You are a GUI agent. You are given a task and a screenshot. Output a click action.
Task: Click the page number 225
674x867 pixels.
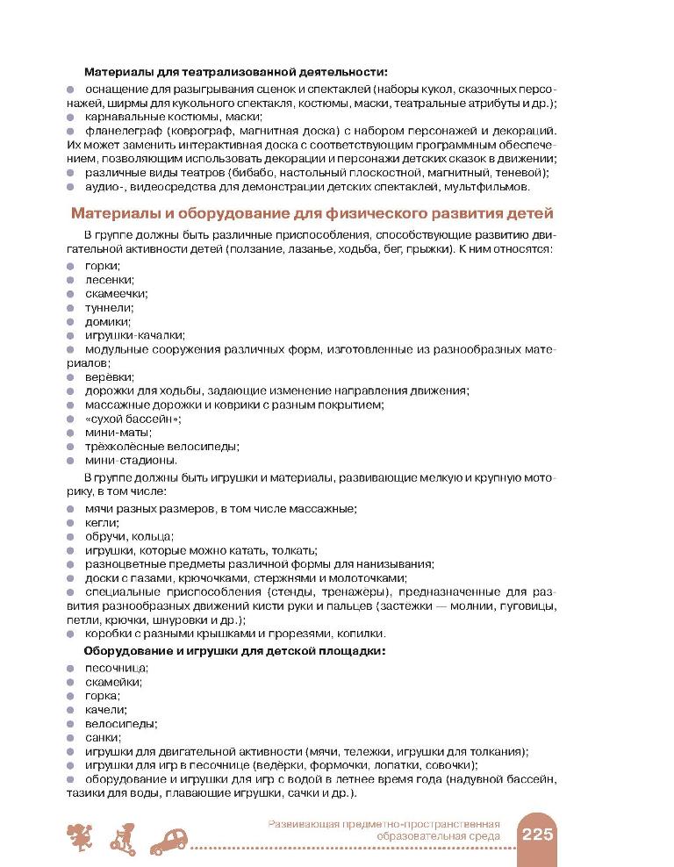535,835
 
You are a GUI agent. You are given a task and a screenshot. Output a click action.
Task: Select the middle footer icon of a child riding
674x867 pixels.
125,838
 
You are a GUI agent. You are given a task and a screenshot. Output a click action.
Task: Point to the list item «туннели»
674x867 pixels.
109,307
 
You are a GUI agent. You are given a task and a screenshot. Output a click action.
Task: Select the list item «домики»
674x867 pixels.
107,321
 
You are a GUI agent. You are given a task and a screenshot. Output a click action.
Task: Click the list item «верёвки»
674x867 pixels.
109,376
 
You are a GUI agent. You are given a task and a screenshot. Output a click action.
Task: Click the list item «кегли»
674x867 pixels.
101,522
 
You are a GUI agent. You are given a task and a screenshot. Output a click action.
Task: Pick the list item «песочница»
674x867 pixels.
115,667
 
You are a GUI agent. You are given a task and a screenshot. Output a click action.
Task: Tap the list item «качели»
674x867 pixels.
105,709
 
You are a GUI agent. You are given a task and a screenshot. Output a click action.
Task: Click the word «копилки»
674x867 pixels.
360,634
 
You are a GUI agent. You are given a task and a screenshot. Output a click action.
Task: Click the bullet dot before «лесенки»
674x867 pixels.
71,280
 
